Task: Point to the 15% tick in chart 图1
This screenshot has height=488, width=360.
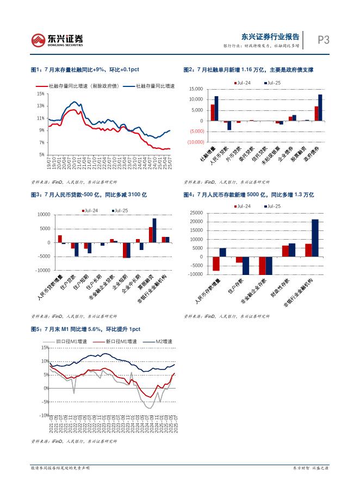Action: (40, 93)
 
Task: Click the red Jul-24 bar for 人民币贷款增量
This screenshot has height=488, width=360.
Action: (60, 239)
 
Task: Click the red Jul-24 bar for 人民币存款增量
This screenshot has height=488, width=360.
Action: (216, 264)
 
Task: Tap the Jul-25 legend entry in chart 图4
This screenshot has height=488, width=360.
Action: (274, 207)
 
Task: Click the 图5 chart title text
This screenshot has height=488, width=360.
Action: (86, 329)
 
